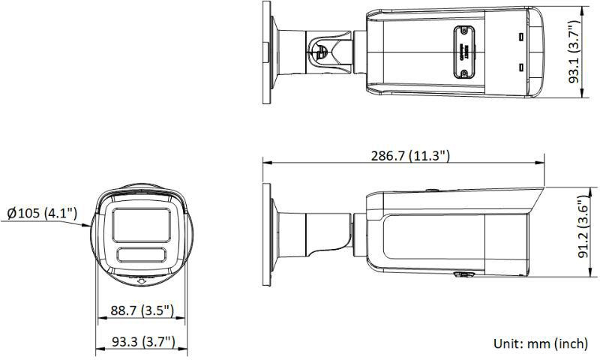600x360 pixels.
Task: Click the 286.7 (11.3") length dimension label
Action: (410, 155)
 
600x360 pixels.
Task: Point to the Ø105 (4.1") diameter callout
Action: (42, 214)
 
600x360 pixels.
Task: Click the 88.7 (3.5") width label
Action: (142, 310)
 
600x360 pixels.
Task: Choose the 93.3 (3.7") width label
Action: (142, 342)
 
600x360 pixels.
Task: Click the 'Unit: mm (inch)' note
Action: (540, 343)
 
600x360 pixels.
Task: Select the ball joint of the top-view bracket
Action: (320, 51)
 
